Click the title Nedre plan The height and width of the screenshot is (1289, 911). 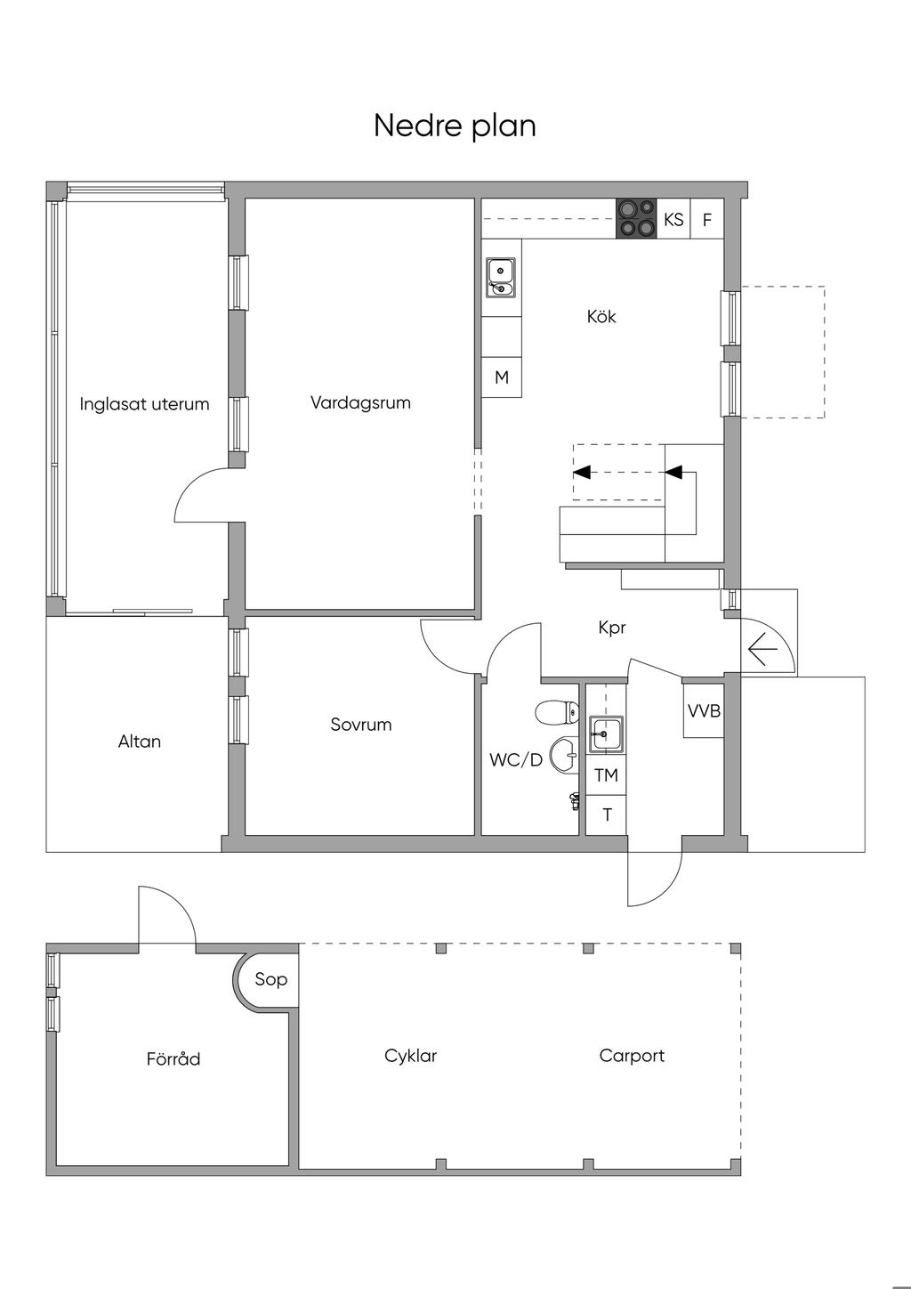[455, 126]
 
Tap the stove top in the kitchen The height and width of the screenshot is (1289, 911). [636, 219]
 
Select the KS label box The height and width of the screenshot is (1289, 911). [673, 219]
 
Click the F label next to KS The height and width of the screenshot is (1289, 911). [707, 219]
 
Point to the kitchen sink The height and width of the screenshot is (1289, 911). [501, 278]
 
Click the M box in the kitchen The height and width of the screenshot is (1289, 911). [502, 377]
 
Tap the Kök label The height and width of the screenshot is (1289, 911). [601, 316]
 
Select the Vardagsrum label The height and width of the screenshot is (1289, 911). [360, 402]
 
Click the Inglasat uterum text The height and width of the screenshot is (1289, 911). [144, 404]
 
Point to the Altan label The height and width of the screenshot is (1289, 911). [139, 742]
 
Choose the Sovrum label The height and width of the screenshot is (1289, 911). [360, 724]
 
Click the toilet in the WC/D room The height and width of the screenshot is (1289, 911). [556, 712]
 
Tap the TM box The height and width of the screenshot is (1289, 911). [606, 775]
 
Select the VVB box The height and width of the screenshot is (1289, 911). [704, 710]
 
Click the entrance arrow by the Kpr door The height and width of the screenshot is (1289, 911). [763, 649]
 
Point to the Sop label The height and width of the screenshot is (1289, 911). [270, 979]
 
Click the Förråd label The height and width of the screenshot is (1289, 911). [173, 1058]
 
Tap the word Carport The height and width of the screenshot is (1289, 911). [632, 1056]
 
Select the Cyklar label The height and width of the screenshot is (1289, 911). [411, 1056]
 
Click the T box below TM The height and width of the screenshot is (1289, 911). [606, 815]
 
